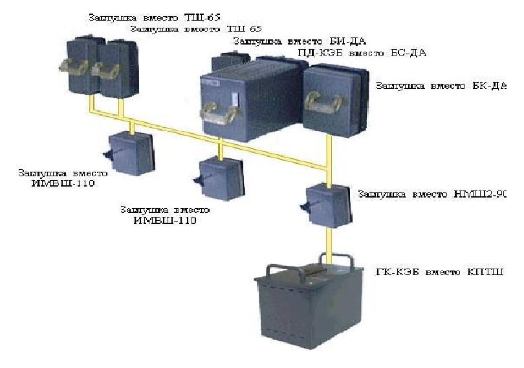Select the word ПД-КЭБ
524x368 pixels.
316,53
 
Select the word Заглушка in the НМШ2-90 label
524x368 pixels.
382,193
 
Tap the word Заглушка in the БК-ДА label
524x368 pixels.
400,86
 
